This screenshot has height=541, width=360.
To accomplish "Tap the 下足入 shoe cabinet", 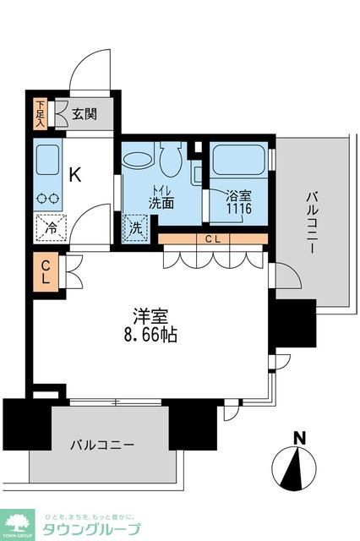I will click(x=40, y=113).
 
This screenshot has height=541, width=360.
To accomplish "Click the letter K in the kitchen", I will click(x=74, y=176).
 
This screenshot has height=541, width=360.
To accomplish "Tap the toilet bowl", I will click(x=167, y=157).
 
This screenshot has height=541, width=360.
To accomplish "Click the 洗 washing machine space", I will click(x=134, y=227).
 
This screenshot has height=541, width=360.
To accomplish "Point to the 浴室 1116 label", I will click(x=238, y=202).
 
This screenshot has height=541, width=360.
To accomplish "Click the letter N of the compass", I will click(x=297, y=437).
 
